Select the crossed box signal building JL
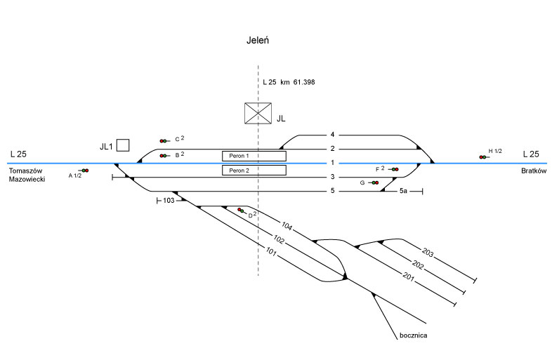click(258, 113)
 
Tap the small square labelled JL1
click(123, 145)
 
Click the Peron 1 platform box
click(254, 155)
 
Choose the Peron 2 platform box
click(254, 170)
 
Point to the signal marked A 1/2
click(85, 171)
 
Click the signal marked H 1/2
click(482, 156)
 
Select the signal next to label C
click(164, 141)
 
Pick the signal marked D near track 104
click(241, 211)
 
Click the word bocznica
click(411, 335)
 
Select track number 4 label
click(332, 134)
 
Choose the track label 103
click(168, 201)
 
